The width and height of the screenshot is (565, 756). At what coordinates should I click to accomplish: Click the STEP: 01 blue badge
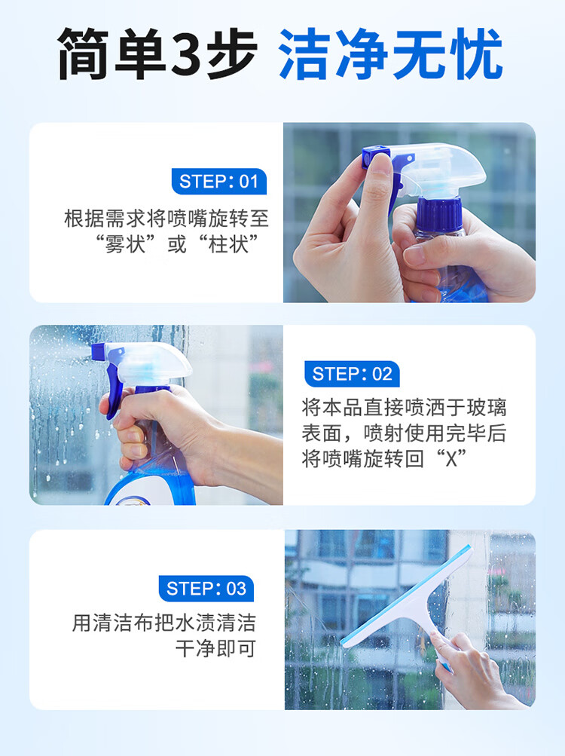tap(218, 182)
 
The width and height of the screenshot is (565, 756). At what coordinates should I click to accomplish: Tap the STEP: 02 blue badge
tap(352, 374)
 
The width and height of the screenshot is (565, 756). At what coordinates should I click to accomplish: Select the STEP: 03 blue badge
tap(206, 589)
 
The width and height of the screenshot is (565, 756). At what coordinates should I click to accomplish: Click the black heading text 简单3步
tap(157, 54)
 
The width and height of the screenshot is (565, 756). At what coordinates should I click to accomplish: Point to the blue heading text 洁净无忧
tap(390, 54)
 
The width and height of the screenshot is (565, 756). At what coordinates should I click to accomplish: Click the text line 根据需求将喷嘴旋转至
tap(166, 219)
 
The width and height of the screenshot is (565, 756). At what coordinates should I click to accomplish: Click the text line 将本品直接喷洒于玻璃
tap(404, 409)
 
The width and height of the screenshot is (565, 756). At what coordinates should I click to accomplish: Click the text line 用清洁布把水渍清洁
tap(163, 623)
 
